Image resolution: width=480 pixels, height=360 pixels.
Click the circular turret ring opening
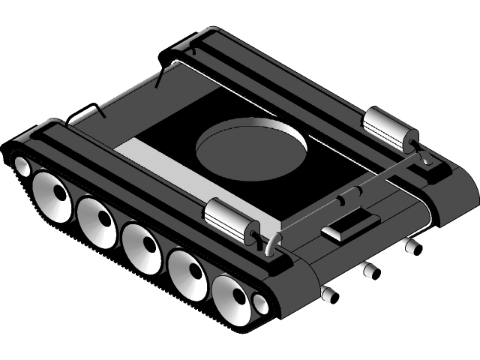point(252,146)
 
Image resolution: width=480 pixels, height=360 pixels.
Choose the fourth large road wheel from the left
point(188,271)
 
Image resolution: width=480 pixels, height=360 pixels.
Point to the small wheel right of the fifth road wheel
point(260,304)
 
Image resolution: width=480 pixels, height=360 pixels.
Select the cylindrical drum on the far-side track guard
point(389,128)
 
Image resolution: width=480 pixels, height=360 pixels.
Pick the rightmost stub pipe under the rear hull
point(408,245)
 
